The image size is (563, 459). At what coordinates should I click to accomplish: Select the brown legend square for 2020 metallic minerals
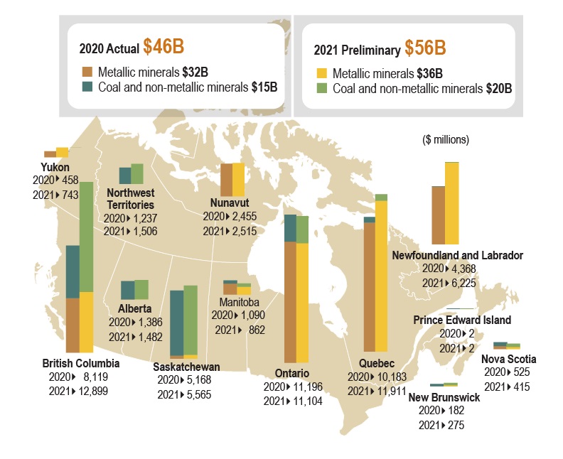[87, 72]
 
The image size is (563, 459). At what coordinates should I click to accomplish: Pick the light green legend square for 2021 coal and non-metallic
[321, 89]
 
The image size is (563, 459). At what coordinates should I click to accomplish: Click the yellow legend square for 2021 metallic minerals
[321, 73]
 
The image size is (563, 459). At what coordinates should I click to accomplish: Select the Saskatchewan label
[186, 367]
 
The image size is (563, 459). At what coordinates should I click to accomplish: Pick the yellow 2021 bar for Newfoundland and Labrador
[451, 203]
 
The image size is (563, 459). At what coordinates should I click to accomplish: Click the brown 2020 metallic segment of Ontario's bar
[290, 302]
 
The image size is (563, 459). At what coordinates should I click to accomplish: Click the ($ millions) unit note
[446, 139]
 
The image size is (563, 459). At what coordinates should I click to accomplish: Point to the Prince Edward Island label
[461, 320]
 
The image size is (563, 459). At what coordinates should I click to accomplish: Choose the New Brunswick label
[444, 397]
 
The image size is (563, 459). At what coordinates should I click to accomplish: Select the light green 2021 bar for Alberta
[141, 289]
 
